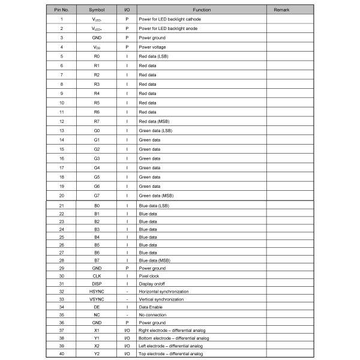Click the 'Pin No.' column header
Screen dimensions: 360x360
pyautogui.click(x=62, y=10)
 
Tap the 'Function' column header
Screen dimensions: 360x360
pyautogui.click(x=202, y=10)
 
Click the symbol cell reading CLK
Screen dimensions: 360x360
pyautogui.click(x=97, y=276)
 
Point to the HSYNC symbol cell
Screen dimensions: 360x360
pyautogui.click(x=97, y=292)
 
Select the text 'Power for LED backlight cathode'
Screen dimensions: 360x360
pyautogui.click(x=170, y=19)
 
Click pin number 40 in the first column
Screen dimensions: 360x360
pyautogui.click(x=62, y=354)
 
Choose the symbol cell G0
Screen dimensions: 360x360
pyautogui.click(x=97, y=130)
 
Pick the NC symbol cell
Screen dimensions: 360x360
pyautogui.click(x=97, y=315)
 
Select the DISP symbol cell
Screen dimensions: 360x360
pyautogui.click(x=97, y=284)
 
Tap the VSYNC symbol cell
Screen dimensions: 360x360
pyautogui.click(x=97, y=299)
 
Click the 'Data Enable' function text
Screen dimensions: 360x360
pyautogui.click(x=151, y=307)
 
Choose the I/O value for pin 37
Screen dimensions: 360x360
pyautogui.click(x=127, y=331)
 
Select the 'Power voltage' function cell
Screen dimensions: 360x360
pyautogui.click(x=152, y=47)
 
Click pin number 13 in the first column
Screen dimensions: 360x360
pyautogui.click(x=62, y=130)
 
